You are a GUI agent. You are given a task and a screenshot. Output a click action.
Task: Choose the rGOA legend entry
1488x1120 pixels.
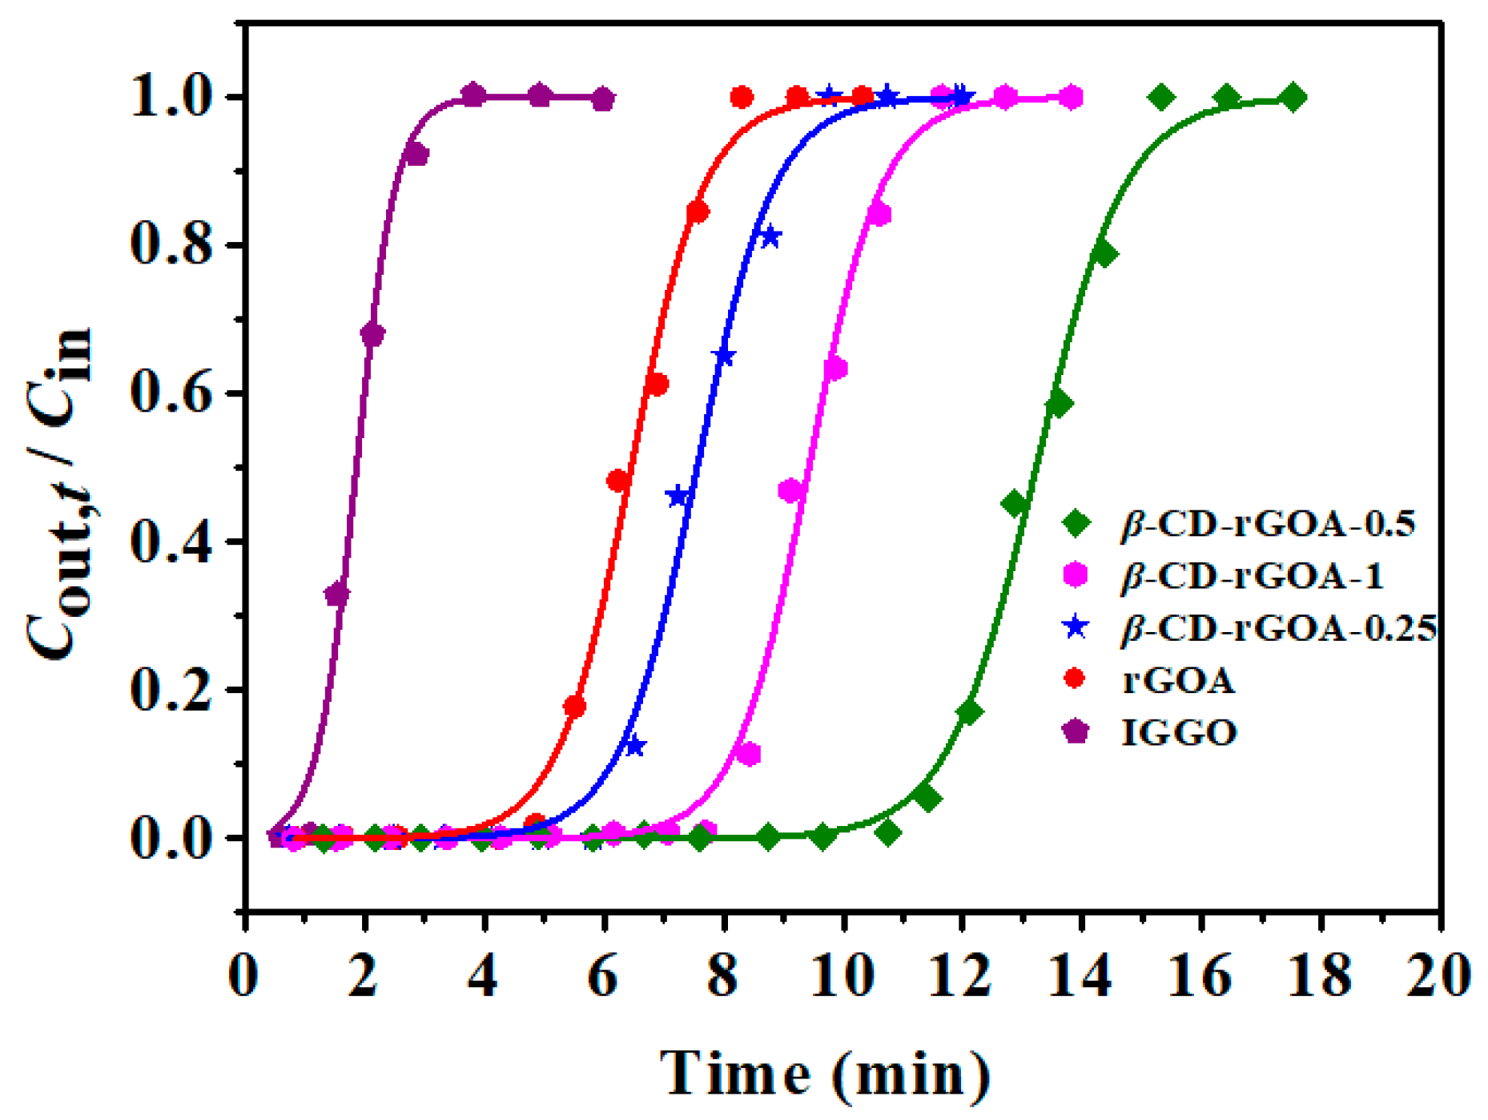1179,680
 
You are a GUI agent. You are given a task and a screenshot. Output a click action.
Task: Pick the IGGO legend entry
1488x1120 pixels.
1179,732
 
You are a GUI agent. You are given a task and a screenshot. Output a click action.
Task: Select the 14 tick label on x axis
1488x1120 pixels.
1082,977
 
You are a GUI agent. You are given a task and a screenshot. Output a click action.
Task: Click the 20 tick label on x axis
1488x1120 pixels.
1439,977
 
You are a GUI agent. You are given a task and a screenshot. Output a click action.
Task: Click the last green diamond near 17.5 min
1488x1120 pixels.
1292,98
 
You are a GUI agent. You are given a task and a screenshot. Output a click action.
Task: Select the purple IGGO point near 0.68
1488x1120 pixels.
372,334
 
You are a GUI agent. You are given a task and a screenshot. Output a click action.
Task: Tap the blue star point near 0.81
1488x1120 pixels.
770,237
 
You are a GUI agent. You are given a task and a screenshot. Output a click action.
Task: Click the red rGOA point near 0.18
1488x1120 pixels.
574,707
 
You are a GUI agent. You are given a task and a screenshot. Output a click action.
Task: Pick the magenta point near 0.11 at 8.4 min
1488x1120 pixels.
749,754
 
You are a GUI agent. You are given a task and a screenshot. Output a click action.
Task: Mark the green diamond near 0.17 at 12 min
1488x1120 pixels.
969,711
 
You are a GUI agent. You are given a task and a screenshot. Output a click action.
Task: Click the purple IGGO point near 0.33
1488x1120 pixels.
337,594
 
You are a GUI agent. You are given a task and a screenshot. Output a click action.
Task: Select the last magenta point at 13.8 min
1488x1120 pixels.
1073,98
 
